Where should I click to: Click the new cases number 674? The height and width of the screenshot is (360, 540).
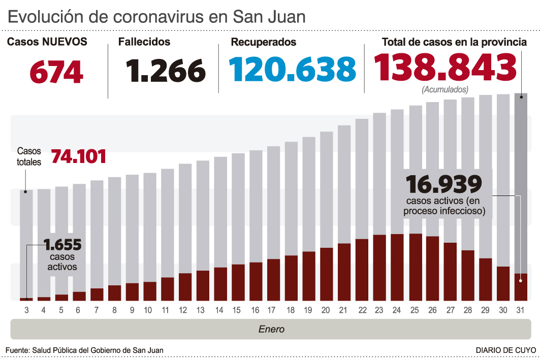tap(56, 72)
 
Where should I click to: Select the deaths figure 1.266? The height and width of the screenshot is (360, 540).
tap(166, 71)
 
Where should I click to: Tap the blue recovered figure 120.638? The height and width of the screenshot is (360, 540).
tap(292, 70)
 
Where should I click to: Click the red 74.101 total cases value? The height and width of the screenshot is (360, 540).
tap(79, 156)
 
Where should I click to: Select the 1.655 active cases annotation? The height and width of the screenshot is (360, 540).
tap(63, 245)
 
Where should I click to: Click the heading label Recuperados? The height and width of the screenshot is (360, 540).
tap(263, 42)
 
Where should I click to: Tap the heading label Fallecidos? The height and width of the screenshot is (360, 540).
tap(144, 42)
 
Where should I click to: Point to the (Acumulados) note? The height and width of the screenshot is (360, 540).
tap(445, 90)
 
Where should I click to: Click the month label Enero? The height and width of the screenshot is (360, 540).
tap(271, 329)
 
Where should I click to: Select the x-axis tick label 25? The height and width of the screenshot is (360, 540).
tap(415, 309)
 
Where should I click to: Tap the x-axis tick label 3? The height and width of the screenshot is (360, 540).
tap(26, 309)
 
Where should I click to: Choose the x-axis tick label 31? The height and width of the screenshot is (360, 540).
tap(520, 309)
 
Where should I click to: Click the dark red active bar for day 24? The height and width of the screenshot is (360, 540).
tap(397, 267)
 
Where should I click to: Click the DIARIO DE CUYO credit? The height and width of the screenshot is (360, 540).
tap(505, 350)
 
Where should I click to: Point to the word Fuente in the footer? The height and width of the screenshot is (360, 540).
tap(17, 350)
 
